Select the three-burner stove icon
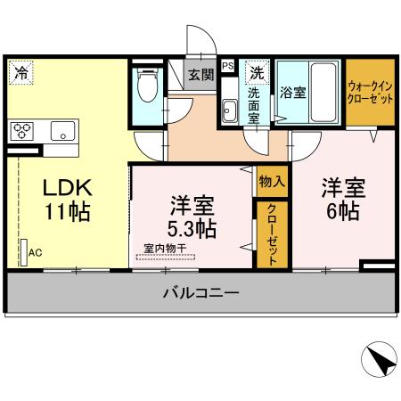tap(21, 132)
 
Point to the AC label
tap(36, 252)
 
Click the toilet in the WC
tap(148, 87)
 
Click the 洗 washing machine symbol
tap(258, 71)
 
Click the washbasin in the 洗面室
tap(229, 111)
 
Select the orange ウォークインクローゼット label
tap(370, 94)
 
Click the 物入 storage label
tap(272, 181)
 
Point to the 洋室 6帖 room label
tap(342, 200)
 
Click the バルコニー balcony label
tap(200, 292)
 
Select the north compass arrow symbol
tap(378, 361)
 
